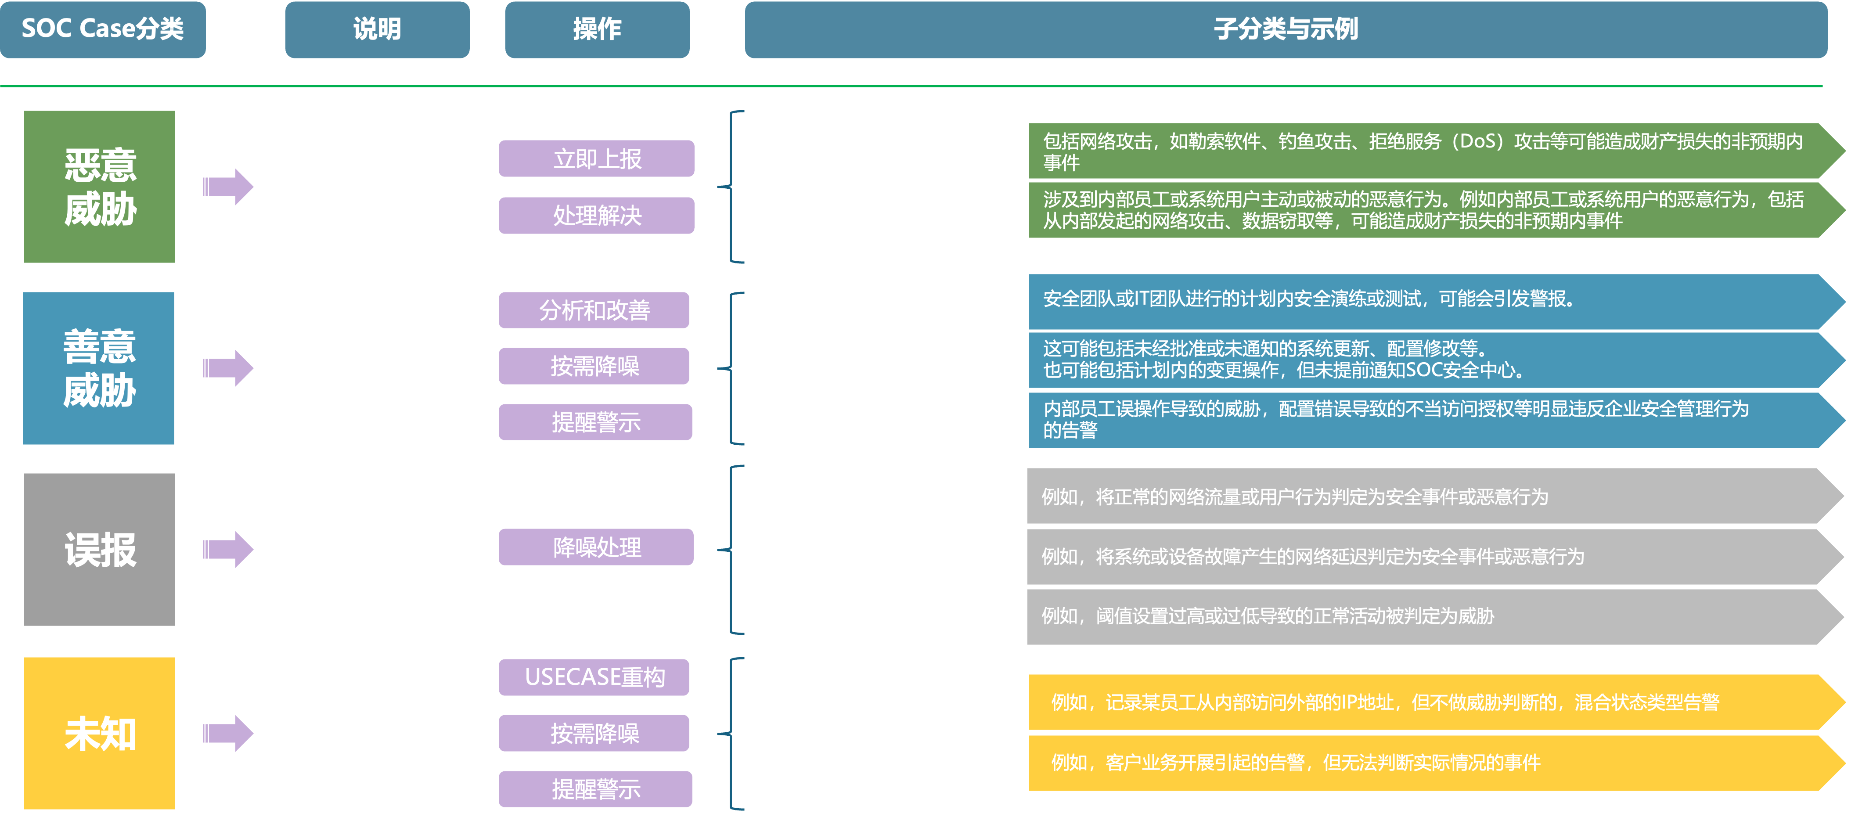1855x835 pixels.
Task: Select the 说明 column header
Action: (377, 29)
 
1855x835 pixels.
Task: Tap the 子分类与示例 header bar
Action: (1286, 29)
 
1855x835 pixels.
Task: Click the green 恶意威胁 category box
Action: (99, 187)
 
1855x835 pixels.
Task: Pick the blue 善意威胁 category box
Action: (99, 368)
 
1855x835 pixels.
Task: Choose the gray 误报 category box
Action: (99, 549)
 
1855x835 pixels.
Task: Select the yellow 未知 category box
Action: (99, 733)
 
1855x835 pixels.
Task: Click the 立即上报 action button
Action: (596, 158)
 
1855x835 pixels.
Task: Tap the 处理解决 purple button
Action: (596, 215)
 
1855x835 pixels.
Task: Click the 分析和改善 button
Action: (594, 310)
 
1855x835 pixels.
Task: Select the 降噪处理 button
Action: (596, 547)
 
